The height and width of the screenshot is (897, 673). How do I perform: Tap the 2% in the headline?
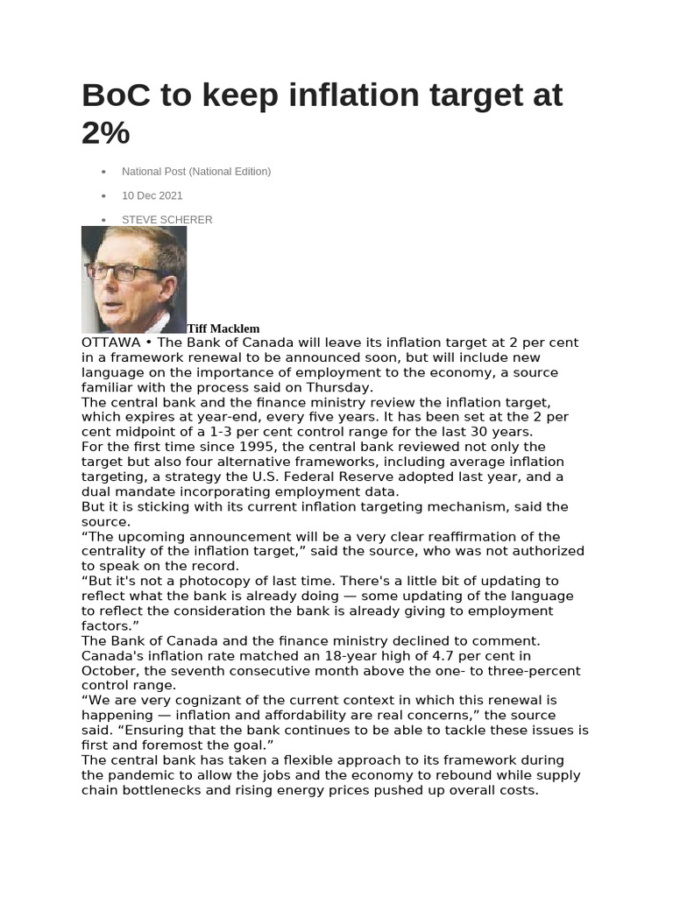(105, 133)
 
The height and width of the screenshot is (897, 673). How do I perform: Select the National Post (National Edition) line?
(196, 172)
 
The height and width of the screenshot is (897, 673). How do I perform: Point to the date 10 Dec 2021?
(152, 195)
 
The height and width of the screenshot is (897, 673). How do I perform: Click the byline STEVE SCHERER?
(166, 220)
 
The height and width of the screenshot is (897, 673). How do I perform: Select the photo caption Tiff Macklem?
(223, 328)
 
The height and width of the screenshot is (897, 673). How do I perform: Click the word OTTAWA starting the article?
(110, 343)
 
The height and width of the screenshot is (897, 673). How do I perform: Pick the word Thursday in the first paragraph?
(342, 387)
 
